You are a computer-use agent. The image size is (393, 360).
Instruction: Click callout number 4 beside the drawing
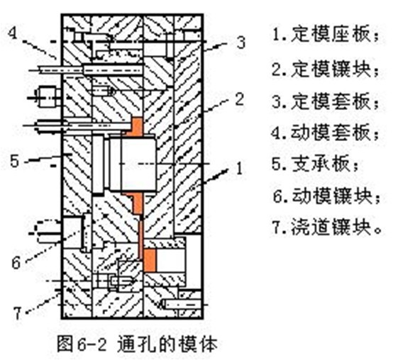tap(13, 33)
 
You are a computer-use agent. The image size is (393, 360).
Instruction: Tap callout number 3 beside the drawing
tap(240, 43)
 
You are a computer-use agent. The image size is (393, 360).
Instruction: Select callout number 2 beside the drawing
tap(240, 99)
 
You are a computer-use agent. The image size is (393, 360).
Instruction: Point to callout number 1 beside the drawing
tap(240, 168)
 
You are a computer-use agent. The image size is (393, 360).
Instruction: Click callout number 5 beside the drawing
tap(14, 161)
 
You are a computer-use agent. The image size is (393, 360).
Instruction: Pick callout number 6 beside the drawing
tap(16, 262)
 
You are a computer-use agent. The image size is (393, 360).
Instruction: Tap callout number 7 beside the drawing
tap(17, 313)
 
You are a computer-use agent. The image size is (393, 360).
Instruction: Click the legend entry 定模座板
tap(326, 34)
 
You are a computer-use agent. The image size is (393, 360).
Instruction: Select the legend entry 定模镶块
tap(326, 69)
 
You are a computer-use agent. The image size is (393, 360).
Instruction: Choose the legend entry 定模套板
tap(326, 101)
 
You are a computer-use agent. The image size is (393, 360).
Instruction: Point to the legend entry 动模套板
tap(326, 133)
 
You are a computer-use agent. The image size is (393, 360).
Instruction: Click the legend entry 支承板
tap(315, 164)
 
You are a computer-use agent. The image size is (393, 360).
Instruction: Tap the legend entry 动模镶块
tap(326, 196)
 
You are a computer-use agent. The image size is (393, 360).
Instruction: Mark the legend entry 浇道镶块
tap(326, 227)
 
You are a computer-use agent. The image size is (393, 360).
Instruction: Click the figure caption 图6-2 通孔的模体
tap(137, 344)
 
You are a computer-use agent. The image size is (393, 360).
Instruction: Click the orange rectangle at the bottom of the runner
tap(150, 260)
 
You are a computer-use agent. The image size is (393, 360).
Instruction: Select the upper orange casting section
tap(135, 126)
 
